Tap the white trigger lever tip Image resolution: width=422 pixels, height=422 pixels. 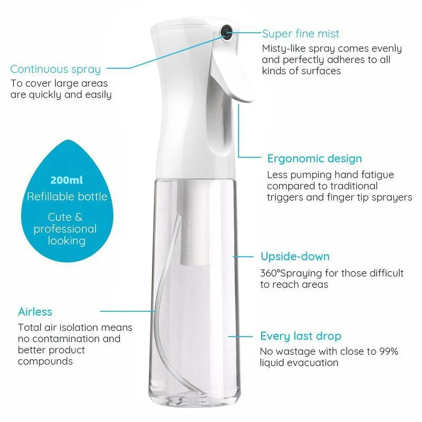coord(246,98)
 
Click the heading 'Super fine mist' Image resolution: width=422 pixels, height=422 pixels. coord(300,34)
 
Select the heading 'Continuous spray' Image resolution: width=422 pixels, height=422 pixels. coord(55,70)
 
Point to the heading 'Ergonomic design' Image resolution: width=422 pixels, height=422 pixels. coord(314,159)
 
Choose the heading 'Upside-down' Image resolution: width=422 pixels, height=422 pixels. coord(295,256)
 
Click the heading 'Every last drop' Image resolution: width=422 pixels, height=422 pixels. coord(301,336)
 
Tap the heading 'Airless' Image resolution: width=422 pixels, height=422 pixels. coord(35,312)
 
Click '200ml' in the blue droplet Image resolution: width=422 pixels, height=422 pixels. coord(66,180)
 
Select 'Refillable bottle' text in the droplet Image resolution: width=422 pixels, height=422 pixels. coord(67,197)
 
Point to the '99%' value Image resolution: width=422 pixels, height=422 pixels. coord(389,351)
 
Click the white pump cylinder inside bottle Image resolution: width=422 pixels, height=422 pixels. coord(195,223)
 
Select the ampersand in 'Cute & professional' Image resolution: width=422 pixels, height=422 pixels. coord(78,217)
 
